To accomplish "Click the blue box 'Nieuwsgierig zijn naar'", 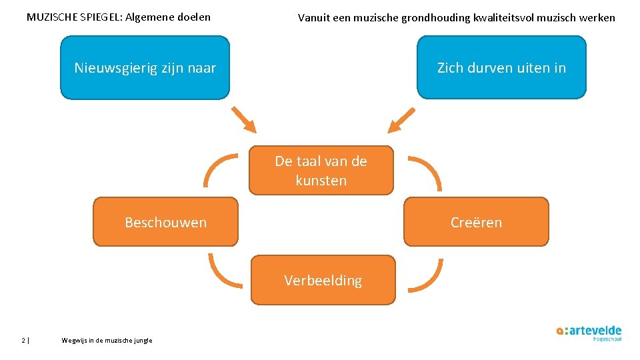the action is (145, 67).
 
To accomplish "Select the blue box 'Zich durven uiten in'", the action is (501, 67).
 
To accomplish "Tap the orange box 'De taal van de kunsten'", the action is (321, 170).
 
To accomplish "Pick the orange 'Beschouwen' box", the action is (165, 222).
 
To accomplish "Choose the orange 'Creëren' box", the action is (476, 222).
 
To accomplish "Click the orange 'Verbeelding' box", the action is (323, 280).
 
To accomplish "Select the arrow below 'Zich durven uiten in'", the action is (401, 121).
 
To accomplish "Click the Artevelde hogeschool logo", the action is (589, 333).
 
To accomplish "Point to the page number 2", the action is (23, 340).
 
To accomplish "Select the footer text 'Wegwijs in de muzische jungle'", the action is (107, 340).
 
